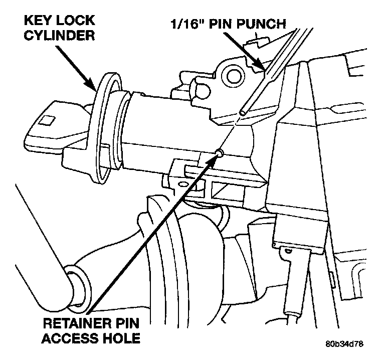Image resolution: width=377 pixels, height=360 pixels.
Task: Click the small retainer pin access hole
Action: click(x=219, y=151)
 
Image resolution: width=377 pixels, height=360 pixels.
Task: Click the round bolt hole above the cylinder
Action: click(x=232, y=76)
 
